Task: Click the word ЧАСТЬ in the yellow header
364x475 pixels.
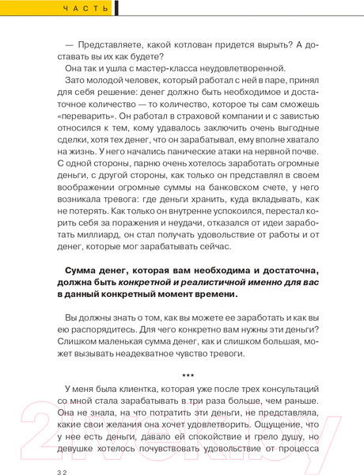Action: pos(82,9)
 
